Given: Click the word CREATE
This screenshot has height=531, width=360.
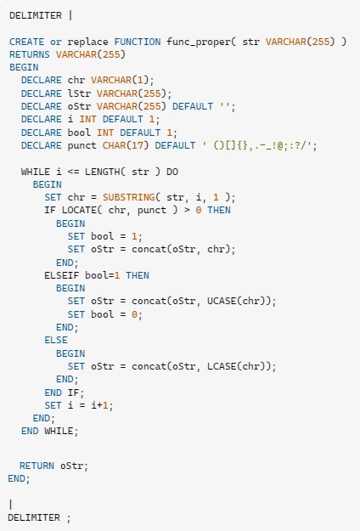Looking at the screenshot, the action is tap(26, 42).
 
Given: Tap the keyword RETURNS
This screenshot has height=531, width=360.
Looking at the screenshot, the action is tap(30, 54).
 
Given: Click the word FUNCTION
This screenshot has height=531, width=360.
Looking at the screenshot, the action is tap(137, 42).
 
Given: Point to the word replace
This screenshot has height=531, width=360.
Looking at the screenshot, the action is tap(87, 42).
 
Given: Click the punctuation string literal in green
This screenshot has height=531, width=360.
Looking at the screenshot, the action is tap(259, 145).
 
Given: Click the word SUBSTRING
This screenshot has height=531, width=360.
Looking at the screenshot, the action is tap(129, 197).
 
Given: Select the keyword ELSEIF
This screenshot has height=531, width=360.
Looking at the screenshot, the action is tap(62, 275).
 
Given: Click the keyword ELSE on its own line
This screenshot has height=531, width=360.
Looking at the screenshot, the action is tap(56, 341).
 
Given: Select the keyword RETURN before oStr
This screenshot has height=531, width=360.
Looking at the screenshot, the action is tap(37, 466).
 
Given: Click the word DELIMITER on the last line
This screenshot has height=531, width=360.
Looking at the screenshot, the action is tap(34, 517).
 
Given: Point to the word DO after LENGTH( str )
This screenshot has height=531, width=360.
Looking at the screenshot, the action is tap(172, 172).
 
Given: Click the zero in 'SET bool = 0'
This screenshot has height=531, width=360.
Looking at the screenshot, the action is tap(134, 314).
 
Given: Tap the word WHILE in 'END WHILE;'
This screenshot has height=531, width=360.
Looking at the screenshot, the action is tap(59, 431).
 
